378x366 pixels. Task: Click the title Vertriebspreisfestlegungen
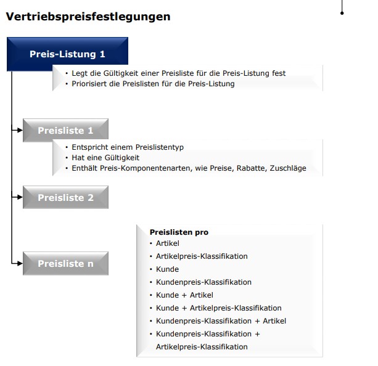pos(88,17)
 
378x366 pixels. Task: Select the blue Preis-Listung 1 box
pos(67,54)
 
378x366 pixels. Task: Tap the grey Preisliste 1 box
pos(65,131)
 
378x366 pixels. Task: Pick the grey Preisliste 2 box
pos(65,198)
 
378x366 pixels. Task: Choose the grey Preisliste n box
pos(65,264)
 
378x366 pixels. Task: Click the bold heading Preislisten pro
pos(179,232)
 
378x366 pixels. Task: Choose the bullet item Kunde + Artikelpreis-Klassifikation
pos(218,308)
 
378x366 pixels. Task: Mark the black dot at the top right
pos(342,12)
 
